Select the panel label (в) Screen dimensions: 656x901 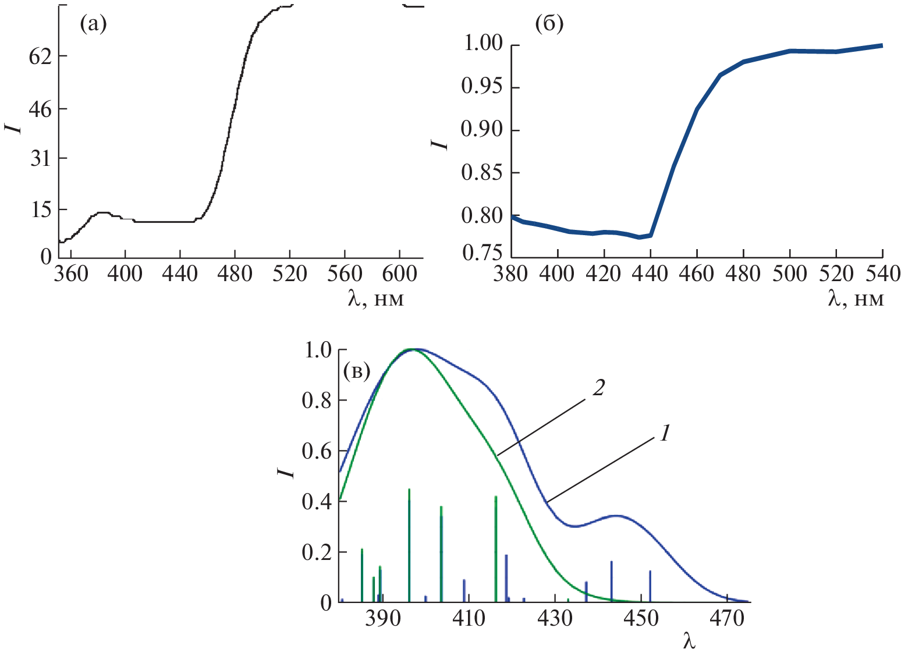[357, 370]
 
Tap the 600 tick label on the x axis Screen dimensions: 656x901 [399, 274]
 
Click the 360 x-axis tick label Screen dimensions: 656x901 [71, 274]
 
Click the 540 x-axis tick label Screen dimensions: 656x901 [882, 274]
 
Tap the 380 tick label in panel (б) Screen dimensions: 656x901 [511, 274]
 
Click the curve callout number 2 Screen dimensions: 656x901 [598, 388]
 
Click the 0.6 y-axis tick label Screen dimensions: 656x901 [317, 452]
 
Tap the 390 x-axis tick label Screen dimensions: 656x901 [382, 618]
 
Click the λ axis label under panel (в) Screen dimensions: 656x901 [689, 642]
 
